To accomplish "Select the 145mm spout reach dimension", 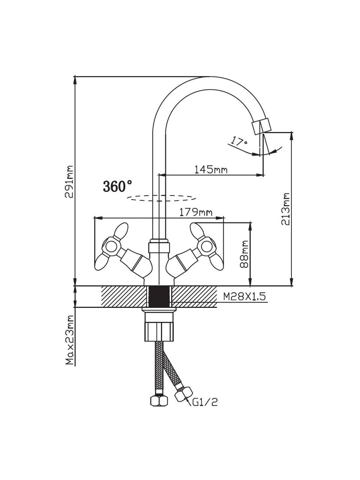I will (210, 169).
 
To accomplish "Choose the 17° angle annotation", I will (239, 142).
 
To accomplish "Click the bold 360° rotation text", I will (117, 186).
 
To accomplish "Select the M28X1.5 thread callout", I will (244, 297).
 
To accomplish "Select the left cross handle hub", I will (111, 246).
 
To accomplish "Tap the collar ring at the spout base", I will (159, 247).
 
